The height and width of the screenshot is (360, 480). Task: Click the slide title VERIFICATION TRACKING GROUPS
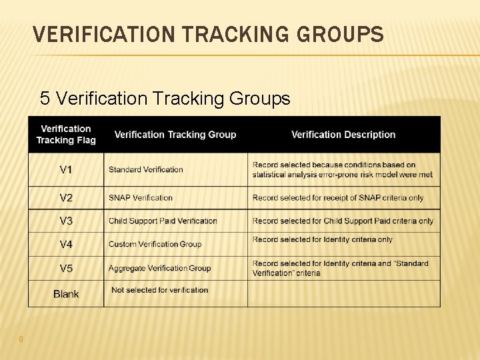click(x=208, y=34)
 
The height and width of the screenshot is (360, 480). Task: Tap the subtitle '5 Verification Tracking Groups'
click(x=165, y=99)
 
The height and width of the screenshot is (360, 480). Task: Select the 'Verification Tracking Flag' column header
click(x=66, y=135)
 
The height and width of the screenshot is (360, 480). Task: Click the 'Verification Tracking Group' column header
click(x=175, y=135)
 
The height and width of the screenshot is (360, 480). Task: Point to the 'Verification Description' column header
click(x=343, y=135)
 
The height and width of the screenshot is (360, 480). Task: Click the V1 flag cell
click(x=66, y=170)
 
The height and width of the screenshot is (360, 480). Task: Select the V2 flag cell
click(x=66, y=198)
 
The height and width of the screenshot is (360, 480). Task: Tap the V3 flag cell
click(x=66, y=221)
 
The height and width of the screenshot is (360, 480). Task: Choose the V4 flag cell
click(x=66, y=245)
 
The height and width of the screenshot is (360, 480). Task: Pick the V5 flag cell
click(x=66, y=269)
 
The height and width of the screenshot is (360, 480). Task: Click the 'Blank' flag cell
click(x=66, y=294)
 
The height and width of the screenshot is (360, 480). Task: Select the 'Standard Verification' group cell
click(x=146, y=170)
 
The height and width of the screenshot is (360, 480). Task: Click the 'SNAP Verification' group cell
click(x=141, y=198)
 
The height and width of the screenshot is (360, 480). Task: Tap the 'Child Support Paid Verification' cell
click(x=163, y=221)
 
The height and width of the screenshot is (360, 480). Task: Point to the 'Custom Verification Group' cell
click(x=155, y=245)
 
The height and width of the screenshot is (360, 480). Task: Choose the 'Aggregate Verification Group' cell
click(x=160, y=269)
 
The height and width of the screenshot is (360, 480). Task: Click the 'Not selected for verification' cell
click(x=160, y=291)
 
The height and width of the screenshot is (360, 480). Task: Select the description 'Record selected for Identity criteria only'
click(x=323, y=240)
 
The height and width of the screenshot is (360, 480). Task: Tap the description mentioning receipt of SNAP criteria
click(x=338, y=198)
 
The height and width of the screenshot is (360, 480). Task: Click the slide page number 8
click(x=21, y=339)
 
